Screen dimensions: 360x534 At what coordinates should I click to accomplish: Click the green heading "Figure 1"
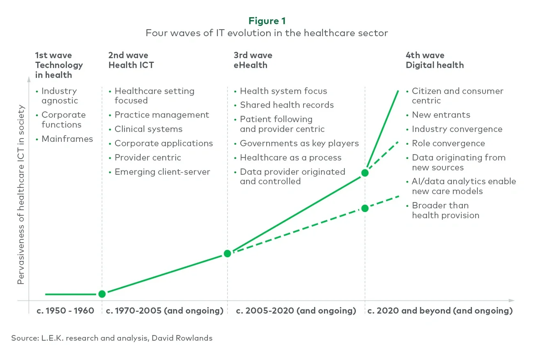pyautogui.click(x=267, y=21)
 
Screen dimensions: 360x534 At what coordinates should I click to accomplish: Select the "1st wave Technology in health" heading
pyautogui.click(x=59, y=65)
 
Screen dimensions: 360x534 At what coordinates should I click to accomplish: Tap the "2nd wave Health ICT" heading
pyautogui.click(x=131, y=60)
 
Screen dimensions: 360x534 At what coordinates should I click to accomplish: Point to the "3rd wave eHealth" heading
pyautogui.click(x=253, y=60)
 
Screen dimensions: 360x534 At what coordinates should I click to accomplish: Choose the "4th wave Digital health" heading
pyautogui.click(x=435, y=60)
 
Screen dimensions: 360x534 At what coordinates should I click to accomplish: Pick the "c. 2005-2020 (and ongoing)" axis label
pyautogui.click(x=296, y=311)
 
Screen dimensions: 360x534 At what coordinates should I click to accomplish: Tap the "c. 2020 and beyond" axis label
pyautogui.click(x=440, y=311)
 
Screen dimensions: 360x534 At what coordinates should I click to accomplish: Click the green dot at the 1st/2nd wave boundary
pyautogui.click(x=102, y=294)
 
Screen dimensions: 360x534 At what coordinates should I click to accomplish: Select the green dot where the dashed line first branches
pyautogui.click(x=227, y=254)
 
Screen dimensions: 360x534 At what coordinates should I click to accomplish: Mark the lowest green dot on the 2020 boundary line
pyautogui.click(x=365, y=208)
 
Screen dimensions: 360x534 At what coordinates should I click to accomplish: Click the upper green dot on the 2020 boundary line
pyautogui.click(x=365, y=173)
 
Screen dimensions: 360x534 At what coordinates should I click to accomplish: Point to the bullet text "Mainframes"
pyautogui.click(x=67, y=139)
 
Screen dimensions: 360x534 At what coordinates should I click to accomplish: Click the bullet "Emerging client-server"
pyautogui.click(x=162, y=172)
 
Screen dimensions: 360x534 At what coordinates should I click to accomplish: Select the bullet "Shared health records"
pyautogui.click(x=287, y=105)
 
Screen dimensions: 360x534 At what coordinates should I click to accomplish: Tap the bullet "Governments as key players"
pyautogui.click(x=299, y=143)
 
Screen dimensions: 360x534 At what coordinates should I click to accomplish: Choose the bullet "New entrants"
pyautogui.click(x=441, y=115)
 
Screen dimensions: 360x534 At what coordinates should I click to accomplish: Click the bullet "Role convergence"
pyautogui.click(x=448, y=143)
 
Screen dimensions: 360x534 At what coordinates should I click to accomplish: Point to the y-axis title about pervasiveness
pyautogui.click(x=21, y=195)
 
